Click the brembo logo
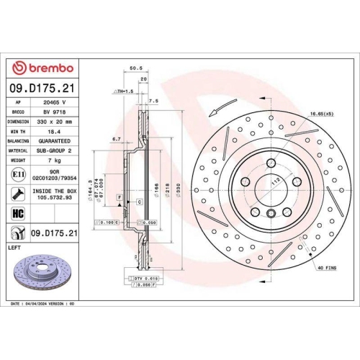pyautogui.click(x=44, y=68)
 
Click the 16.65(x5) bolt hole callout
pyautogui.click(x=321, y=114)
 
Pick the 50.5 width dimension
pyautogui.click(x=134, y=68)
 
